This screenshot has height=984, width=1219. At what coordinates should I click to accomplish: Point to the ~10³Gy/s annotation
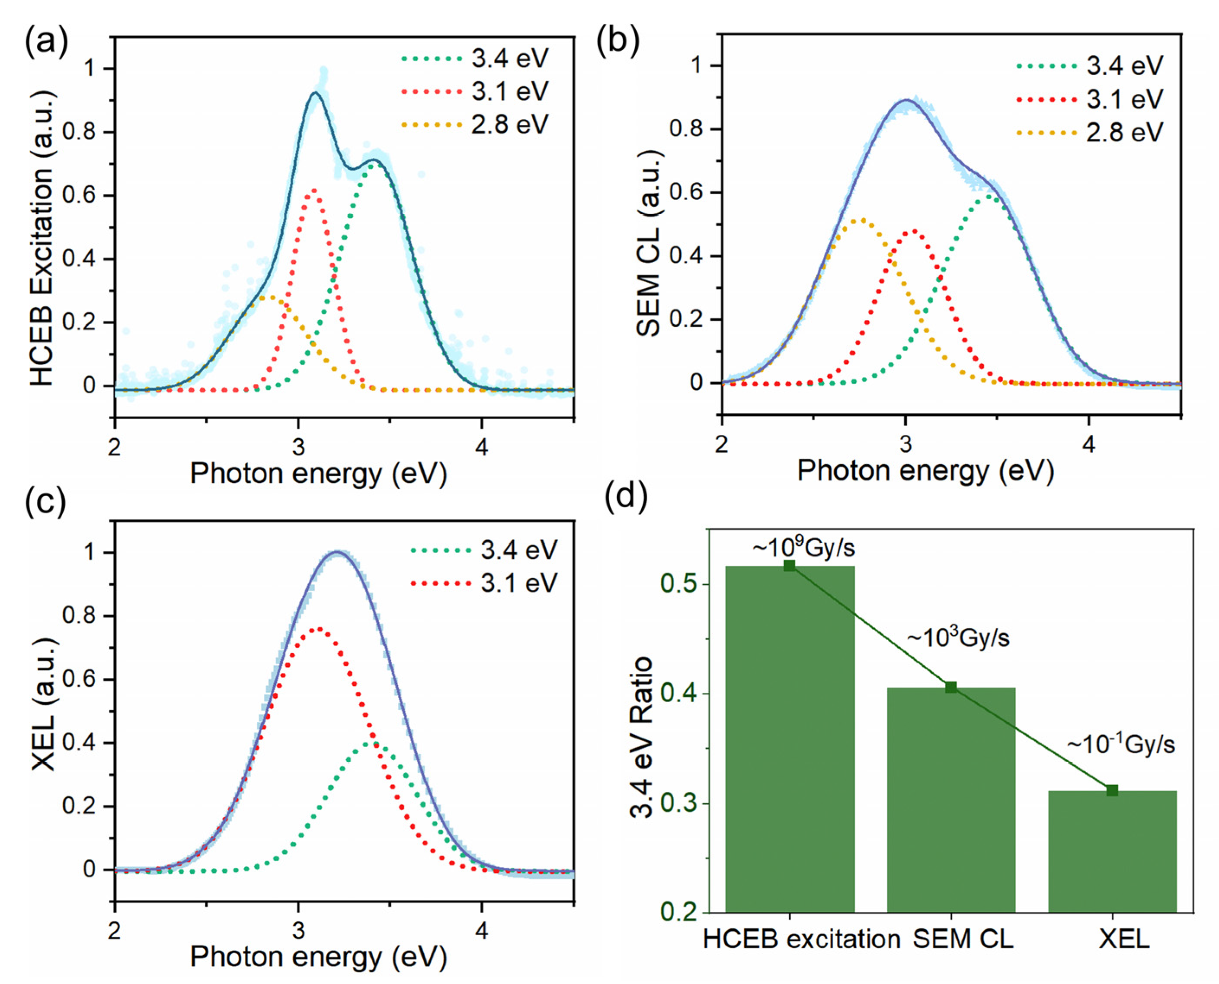(x=958, y=638)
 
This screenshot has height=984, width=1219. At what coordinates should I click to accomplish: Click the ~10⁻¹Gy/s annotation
(x=1120, y=744)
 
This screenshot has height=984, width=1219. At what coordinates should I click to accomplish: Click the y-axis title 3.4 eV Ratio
(x=643, y=737)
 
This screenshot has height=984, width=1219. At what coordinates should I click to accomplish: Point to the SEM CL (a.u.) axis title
(x=648, y=244)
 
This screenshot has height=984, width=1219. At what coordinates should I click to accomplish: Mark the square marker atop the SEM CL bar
(x=951, y=688)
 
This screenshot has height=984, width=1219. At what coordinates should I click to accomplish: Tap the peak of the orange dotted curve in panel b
(x=861, y=220)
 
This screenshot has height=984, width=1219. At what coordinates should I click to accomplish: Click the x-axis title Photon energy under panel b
(x=925, y=471)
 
